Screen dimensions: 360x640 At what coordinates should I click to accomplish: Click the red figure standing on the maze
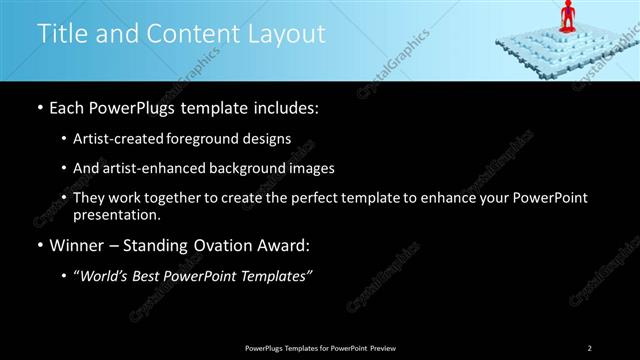pyautogui.click(x=567, y=16)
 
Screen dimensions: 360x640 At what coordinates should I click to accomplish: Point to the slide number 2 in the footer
pyautogui.click(x=589, y=347)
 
